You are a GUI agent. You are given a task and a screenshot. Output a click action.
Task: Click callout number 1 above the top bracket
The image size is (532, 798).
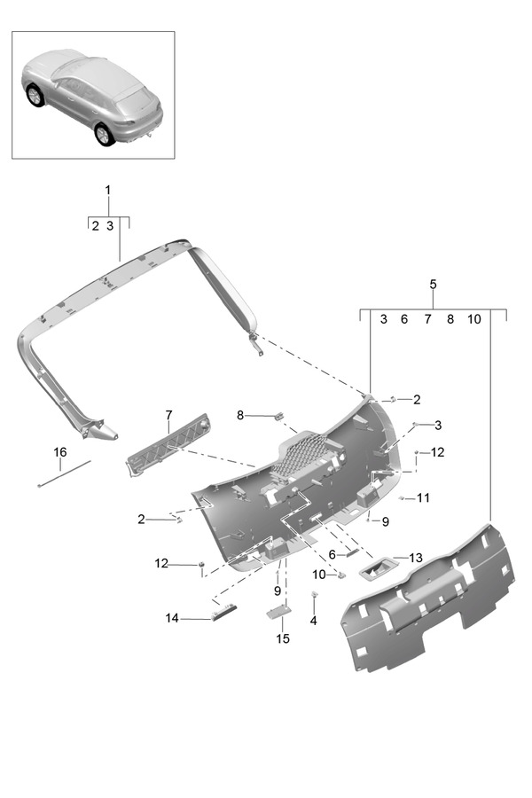click(108, 190)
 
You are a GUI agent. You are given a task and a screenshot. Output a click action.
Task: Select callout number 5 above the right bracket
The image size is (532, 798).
click(433, 284)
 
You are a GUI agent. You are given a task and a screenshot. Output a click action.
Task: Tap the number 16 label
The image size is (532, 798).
click(59, 452)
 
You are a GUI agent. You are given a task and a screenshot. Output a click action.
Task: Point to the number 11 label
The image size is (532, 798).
click(423, 498)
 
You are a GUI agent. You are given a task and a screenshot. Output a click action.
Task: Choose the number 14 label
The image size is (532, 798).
click(172, 618)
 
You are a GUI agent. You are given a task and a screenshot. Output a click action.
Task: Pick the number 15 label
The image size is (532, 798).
click(283, 638)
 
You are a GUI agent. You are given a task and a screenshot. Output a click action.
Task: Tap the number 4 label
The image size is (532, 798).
click(313, 621)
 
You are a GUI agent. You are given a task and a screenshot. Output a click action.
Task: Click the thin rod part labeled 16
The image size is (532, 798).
click(65, 474)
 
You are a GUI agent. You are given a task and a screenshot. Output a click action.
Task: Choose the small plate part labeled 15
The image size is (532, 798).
click(280, 612)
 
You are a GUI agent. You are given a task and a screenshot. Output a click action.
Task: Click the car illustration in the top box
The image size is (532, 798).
click(93, 95)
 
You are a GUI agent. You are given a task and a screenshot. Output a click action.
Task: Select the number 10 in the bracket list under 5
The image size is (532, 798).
click(473, 319)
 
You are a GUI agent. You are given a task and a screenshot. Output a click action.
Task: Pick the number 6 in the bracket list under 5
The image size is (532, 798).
click(403, 319)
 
